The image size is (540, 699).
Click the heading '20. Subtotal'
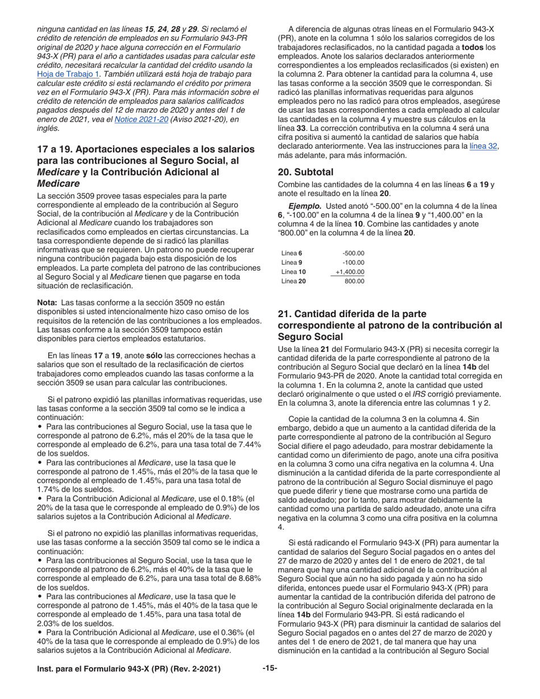[x=305, y=172]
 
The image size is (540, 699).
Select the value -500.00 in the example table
[x=353, y=253]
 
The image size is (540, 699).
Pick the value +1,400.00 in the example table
[x=349, y=272]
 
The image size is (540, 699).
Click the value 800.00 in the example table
[x=354, y=281]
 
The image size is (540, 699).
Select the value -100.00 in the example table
[x=353, y=263]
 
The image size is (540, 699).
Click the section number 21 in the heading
[x=284, y=314]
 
